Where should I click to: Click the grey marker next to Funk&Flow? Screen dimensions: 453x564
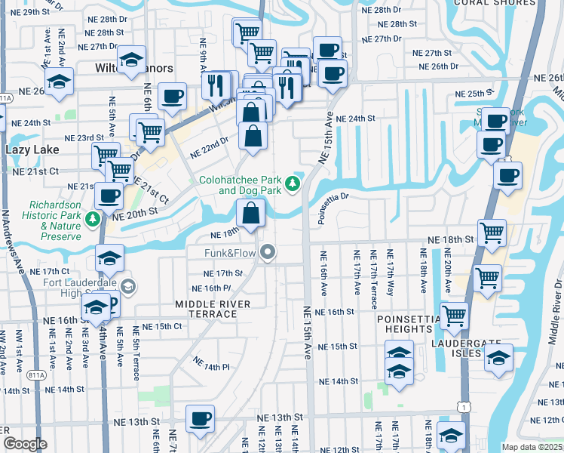coord(268,253)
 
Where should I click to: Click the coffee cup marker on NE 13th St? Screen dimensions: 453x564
coord(200,418)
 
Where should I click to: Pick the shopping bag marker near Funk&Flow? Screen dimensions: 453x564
coord(251,214)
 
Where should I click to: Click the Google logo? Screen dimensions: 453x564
coord(24,443)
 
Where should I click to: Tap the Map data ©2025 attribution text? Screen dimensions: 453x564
coord(532,447)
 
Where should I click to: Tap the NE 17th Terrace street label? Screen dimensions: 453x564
coord(373,279)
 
